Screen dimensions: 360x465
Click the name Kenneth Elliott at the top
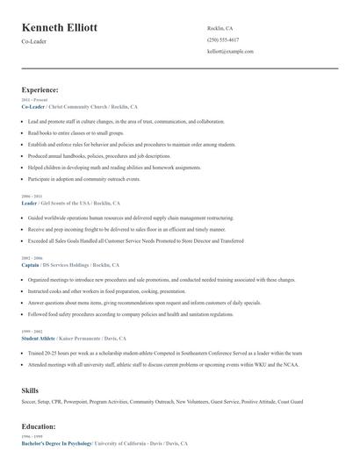pos(59,28)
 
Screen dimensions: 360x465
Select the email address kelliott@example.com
pos(230,52)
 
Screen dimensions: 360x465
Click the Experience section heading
pos(40,89)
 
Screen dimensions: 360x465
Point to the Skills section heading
pos(30,389)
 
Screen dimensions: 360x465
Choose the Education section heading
pos(39,426)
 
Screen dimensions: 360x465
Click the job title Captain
pos(30,264)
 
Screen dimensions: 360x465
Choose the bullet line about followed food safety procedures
pos(130,313)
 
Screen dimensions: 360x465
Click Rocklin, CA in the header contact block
pos(220,28)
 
